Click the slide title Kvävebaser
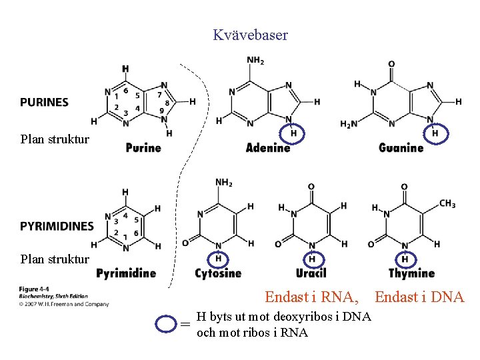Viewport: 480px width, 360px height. (x=250, y=35)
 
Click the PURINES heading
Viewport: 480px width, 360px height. (x=44, y=102)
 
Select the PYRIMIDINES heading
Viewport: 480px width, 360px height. (x=57, y=226)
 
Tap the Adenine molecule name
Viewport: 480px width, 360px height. (x=268, y=147)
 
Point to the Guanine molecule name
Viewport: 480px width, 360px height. (x=401, y=147)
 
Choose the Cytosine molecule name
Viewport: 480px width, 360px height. (x=218, y=273)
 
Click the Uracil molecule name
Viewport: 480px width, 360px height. (x=311, y=273)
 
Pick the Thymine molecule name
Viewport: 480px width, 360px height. (x=411, y=273)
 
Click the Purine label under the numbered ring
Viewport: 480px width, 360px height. (x=143, y=147)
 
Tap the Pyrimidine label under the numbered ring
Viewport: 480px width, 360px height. (x=126, y=273)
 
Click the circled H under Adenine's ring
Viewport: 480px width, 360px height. (x=293, y=134)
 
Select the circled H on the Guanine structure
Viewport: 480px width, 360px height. (x=435, y=134)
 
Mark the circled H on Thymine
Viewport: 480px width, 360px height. (x=405, y=259)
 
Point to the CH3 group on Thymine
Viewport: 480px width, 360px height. (x=447, y=203)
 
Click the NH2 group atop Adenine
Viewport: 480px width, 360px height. (x=255, y=61)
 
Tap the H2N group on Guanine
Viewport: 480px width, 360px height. (x=349, y=124)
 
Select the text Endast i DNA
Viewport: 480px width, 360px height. (x=419, y=297)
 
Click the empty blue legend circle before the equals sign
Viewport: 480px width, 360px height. (x=166, y=324)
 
